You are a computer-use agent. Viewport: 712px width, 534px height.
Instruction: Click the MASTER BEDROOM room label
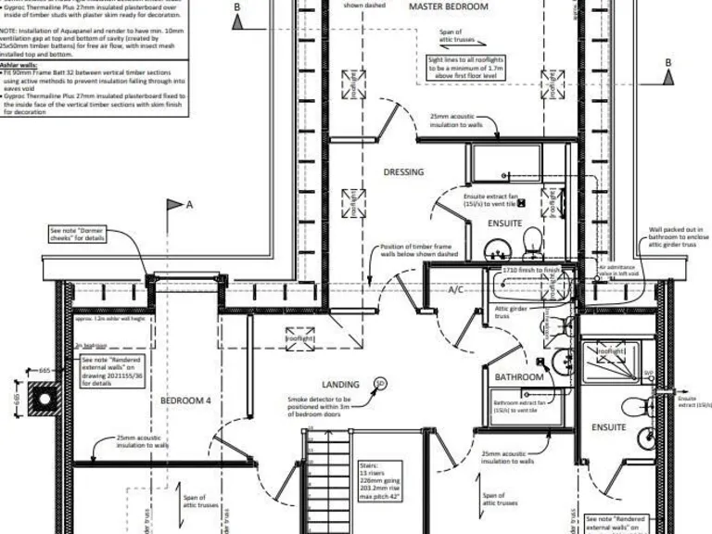point(449,7)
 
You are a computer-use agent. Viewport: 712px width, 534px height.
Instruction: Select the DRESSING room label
point(403,172)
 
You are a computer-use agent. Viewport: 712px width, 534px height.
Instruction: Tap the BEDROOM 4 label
point(185,400)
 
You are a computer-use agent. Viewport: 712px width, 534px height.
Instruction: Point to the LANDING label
point(340,384)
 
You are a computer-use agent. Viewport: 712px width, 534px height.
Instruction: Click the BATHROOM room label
point(518,377)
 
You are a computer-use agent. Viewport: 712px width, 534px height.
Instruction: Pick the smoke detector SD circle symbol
point(379,383)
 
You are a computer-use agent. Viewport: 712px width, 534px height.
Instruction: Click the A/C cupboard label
point(456,290)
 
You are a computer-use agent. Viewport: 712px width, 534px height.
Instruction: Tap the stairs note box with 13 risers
point(386,481)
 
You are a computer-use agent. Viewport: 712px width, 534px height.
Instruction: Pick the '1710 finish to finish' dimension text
point(532,270)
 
